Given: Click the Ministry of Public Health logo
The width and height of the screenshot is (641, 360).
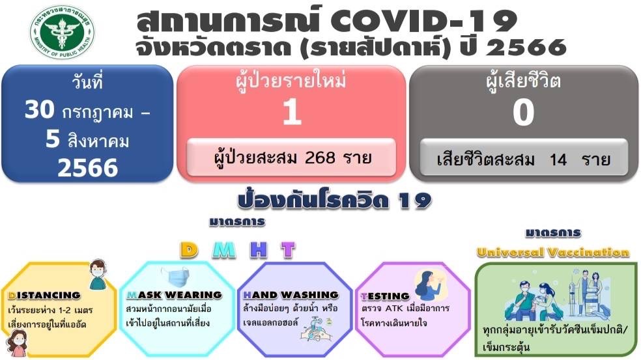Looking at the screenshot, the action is (62, 32).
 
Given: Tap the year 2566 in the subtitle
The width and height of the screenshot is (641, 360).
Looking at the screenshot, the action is (526, 48).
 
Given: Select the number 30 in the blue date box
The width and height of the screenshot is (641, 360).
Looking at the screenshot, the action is (39, 109).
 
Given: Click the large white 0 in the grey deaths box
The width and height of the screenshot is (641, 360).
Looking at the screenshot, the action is (524, 113).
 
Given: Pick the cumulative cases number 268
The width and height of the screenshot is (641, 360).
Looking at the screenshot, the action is (320, 158).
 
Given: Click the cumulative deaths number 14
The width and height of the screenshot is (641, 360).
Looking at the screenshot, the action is (558, 159).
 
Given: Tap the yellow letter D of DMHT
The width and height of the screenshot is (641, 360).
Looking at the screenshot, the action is (190, 250).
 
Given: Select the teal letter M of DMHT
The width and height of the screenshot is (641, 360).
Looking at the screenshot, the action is (224, 250).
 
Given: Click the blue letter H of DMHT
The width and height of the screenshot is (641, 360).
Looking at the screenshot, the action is (259, 250).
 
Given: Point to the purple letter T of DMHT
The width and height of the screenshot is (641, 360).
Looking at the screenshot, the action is (288, 250).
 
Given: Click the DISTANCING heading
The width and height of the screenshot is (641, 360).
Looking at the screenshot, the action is (44, 296).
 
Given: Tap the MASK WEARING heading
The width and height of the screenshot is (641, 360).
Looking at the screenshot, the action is (174, 295).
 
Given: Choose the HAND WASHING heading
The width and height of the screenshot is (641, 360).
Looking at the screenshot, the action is (291, 295).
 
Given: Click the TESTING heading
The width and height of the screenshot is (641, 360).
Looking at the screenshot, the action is (385, 296).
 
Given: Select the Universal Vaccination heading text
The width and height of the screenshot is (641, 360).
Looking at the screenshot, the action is (552, 252).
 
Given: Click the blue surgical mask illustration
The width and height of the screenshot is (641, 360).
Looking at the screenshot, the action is (175, 277).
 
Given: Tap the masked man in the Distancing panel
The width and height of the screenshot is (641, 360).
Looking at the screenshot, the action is (98, 274).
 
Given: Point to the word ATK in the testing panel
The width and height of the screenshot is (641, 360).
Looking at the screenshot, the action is (394, 308).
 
